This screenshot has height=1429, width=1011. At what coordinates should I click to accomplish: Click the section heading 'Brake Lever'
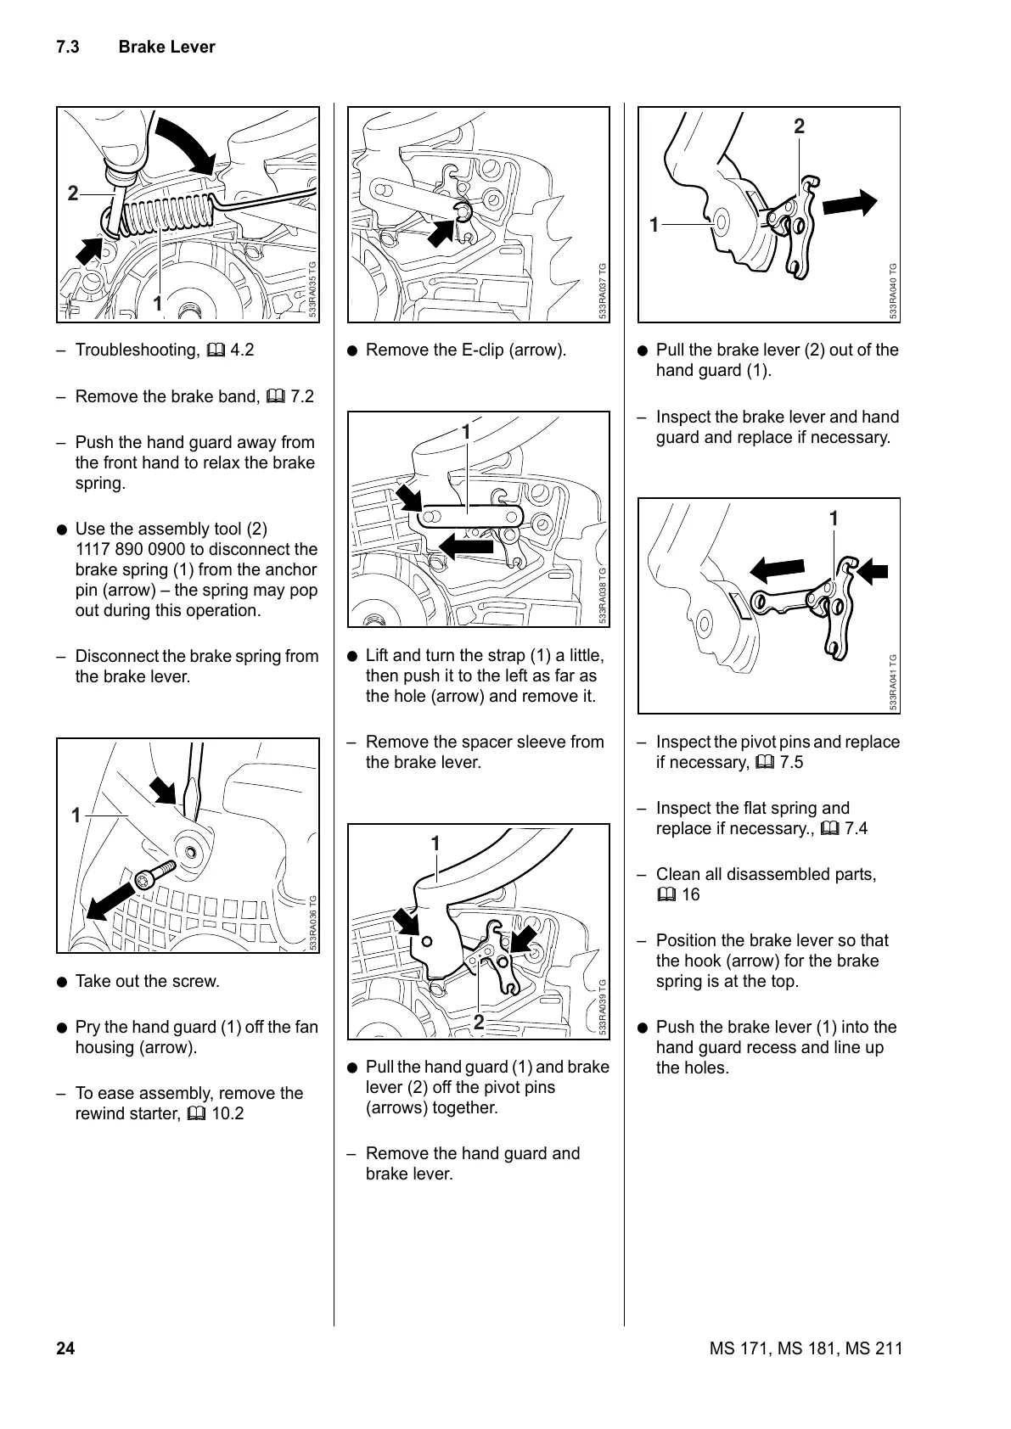166,48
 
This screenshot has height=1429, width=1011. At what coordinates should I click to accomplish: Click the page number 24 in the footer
65,1348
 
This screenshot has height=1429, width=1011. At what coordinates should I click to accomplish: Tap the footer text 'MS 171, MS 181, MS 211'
806,1348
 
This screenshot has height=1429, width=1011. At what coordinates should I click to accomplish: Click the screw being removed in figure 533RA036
154,874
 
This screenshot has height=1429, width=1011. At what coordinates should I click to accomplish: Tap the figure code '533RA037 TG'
602,291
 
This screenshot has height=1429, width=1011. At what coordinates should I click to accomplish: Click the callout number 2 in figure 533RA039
479,1023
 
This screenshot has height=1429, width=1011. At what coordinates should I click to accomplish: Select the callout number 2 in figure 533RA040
799,127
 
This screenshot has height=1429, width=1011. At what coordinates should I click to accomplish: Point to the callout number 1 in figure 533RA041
834,518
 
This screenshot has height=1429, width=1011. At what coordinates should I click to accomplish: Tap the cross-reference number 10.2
227,1114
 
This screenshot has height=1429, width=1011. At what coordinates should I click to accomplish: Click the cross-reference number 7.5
790,763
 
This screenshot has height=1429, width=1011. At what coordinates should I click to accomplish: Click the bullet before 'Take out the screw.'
62,982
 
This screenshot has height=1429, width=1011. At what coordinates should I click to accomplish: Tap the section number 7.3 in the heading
68,48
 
